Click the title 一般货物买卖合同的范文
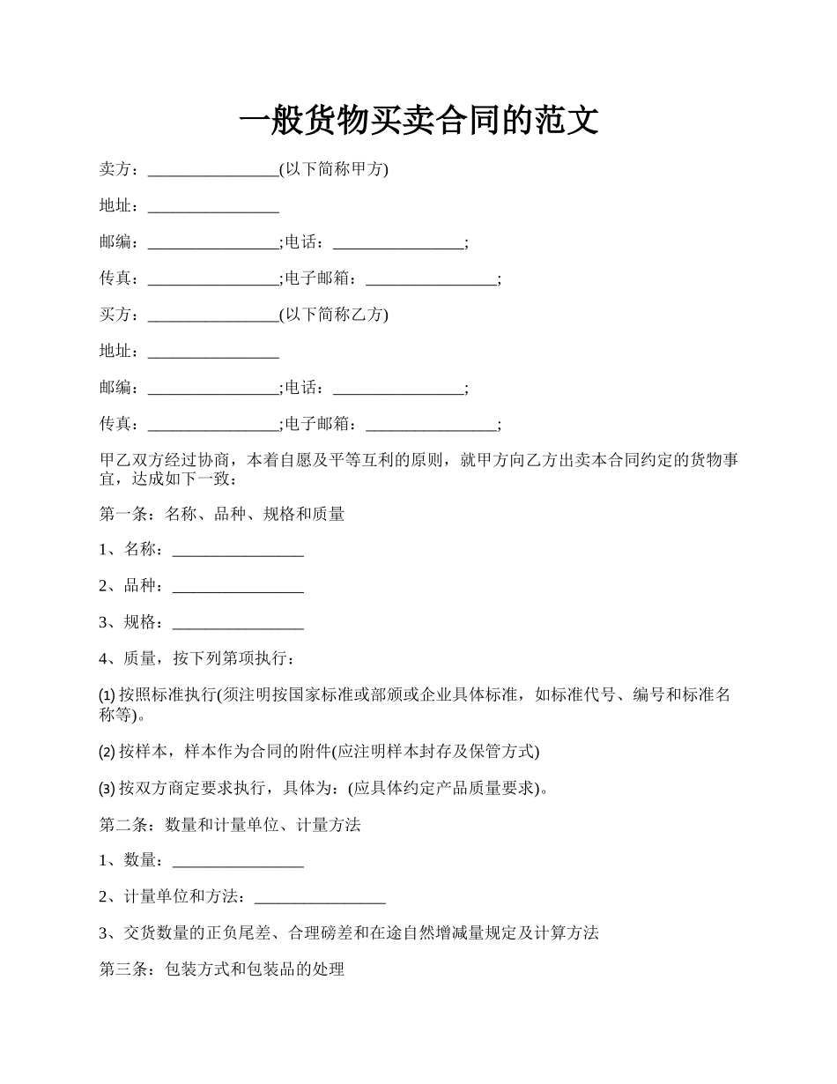[418, 121]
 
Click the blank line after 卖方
[213, 170]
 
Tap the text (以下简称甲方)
[334, 169]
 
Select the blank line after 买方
[213, 316]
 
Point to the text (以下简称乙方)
[334, 315]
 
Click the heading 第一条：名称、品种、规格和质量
[221, 513]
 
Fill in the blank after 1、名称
[238, 550]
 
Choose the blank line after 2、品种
[238, 586]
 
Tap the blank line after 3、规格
[238, 623]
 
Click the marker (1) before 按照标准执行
[107, 695]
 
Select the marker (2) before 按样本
[107, 752]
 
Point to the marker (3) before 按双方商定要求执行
[107, 788]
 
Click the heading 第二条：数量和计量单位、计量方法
[230, 825]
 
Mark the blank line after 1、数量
[238, 860]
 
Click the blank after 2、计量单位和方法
[320, 897]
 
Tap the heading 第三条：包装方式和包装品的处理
[221, 969]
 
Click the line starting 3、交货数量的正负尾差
[349, 932]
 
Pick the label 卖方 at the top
[115, 169]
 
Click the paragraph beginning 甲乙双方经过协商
[418, 469]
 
